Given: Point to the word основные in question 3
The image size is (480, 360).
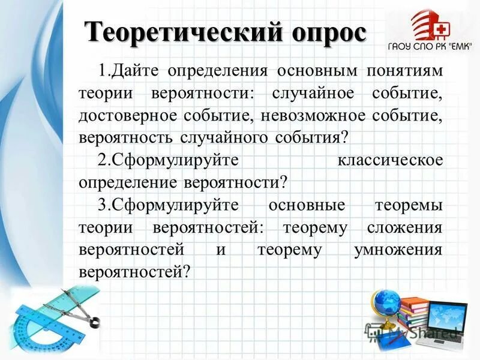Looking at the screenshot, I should click(x=307, y=205).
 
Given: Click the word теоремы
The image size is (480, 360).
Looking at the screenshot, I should click(x=409, y=205).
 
